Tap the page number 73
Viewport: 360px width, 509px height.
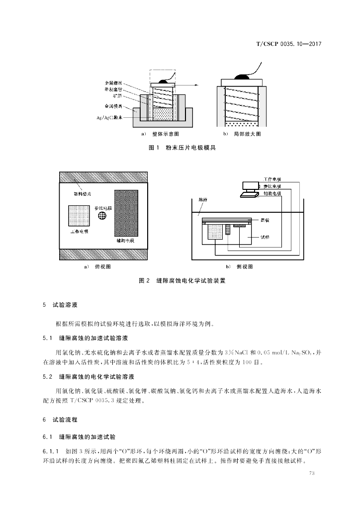pyautogui.click(x=312, y=473)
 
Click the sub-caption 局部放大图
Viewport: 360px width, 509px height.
pyautogui.click(x=248, y=135)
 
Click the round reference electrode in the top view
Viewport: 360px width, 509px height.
pyautogui.click(x=102, y=215)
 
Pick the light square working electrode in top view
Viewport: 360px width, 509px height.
pyautogui.click(x=79, y=216)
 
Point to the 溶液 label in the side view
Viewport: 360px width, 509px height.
pyautogui.click(x=202, y=199)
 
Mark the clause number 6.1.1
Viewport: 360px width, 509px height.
pyautogui.click(x=51, y=450)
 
